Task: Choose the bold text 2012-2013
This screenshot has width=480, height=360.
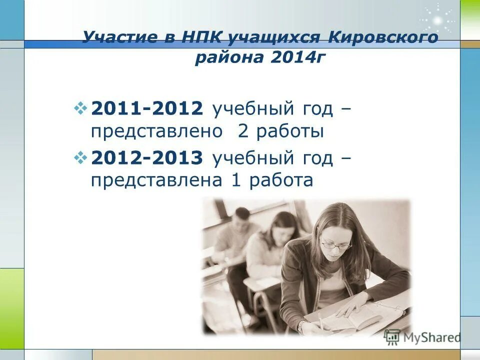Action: pos(147,158)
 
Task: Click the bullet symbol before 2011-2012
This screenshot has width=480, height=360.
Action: pos(80,108)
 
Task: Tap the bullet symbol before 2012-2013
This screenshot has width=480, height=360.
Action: pos(80,157)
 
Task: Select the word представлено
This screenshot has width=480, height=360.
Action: pos(156,132)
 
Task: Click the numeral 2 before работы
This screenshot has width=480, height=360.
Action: pos(242,132)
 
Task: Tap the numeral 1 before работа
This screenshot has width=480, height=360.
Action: pos(236,180)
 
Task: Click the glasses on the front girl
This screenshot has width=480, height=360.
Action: pos(335,245)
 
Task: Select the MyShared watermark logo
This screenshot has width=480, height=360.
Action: pos(422,337)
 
